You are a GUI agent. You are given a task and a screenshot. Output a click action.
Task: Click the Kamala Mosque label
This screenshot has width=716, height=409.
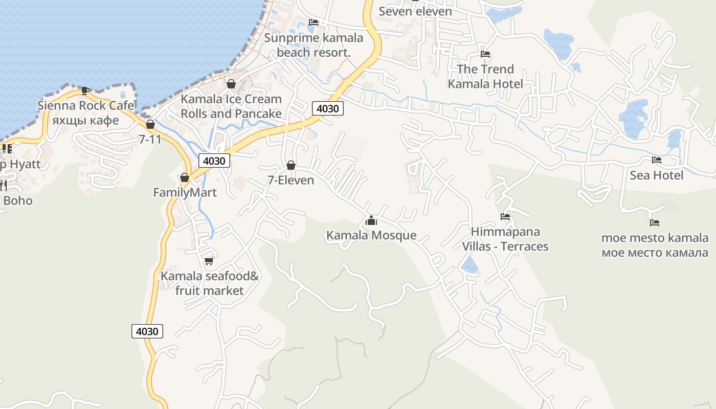click(x=371, y=236)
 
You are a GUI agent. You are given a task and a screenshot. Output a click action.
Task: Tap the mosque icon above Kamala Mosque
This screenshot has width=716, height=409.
click(x=371, y=221)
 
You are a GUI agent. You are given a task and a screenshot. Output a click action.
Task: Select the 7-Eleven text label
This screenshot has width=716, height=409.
click(x=290, y=180)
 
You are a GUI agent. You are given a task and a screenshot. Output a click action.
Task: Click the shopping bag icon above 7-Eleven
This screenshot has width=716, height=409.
click(x=291, y=165)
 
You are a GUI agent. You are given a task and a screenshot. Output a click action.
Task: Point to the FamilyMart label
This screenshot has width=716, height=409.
click(x=185, y=193)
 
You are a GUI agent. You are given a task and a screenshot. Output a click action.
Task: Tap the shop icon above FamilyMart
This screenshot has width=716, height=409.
click(x=185, y=177)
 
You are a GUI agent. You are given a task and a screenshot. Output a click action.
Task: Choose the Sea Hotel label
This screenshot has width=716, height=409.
click(x=656, y=175)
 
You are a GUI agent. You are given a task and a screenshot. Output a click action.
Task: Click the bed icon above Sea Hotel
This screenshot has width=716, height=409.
click(x=657, y=160)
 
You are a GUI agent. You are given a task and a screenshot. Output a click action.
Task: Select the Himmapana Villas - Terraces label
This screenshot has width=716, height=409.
click(x=505, y=239)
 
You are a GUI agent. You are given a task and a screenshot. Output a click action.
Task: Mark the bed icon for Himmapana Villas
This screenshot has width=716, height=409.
click(x=505, y=217)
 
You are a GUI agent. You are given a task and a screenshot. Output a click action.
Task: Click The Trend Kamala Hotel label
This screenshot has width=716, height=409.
click(x=485, y=76)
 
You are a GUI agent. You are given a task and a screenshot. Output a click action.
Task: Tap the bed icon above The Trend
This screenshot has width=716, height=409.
click(x=485, y=54)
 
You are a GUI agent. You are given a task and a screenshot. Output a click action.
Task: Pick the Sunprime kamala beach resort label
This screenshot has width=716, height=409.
click(x=314, y=45)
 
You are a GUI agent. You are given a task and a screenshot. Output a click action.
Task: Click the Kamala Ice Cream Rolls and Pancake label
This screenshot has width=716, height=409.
click(x=231, y=106)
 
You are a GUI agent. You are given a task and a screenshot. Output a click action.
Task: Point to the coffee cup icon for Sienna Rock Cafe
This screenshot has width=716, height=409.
click(x=85, y=90)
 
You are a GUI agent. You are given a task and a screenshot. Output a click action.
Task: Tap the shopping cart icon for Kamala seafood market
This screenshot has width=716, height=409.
click(x=209, y=261)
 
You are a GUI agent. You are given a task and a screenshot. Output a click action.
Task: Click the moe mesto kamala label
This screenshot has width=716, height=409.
click(x=655, y=245)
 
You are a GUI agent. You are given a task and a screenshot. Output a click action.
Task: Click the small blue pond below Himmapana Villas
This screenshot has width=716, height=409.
click(x=469, y=265)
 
